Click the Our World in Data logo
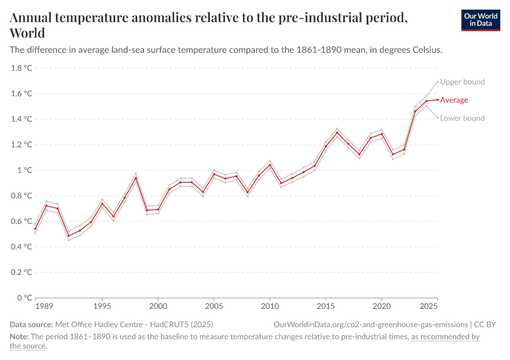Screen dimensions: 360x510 480,20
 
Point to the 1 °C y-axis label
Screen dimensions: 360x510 25,170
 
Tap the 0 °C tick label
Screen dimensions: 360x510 25,298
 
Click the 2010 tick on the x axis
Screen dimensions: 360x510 270,307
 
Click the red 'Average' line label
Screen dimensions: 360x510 454,100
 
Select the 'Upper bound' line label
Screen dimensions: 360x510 462,82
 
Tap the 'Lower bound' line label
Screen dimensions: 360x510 462,118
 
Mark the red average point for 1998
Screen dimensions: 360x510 136,178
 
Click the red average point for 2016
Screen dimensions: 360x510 337,133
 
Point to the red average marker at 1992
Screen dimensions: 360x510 68,236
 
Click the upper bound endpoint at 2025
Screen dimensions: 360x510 437,81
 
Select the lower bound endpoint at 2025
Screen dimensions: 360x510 437,118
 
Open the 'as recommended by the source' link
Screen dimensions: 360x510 445,337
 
